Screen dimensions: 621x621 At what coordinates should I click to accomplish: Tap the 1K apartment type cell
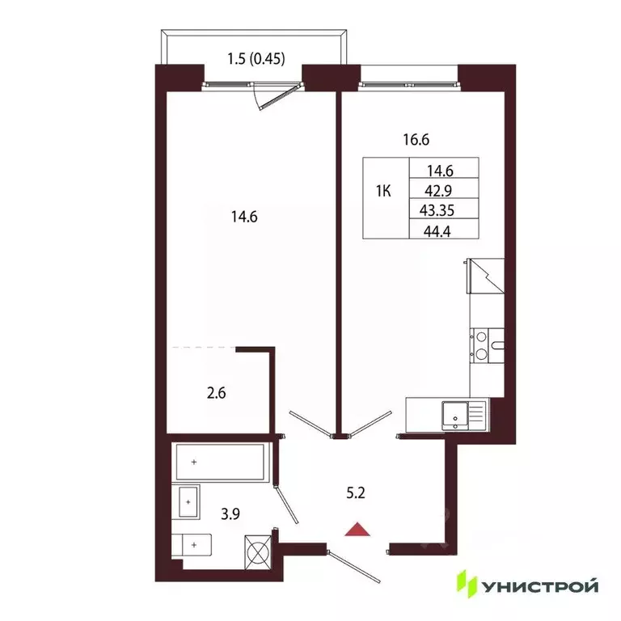coord(384,192)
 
